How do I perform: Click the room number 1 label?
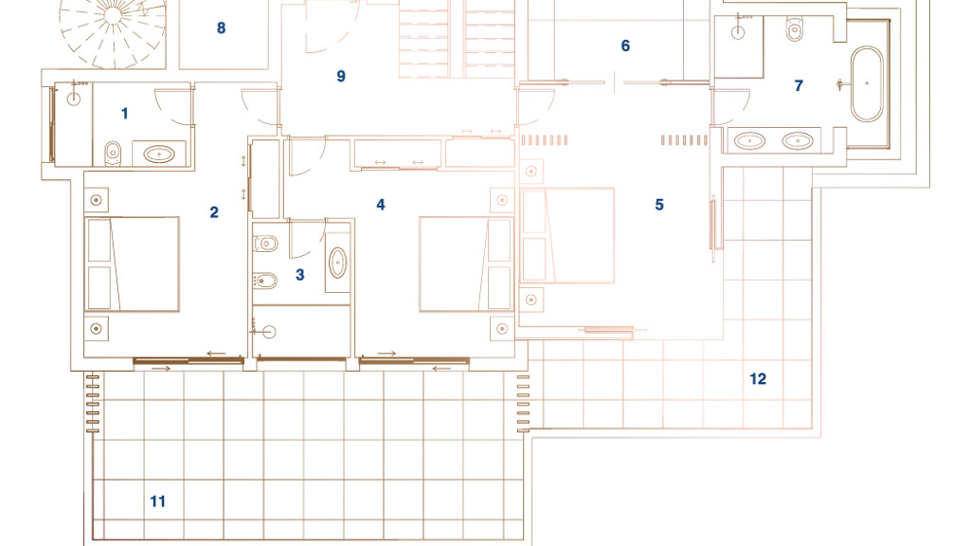(x=124, y=114)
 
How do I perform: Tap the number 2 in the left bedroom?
(x=214, y=212)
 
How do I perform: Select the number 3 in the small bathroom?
(x=300, y=274)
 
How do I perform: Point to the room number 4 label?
(x=381, y=205)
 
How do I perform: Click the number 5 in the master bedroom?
(x=659, y=205)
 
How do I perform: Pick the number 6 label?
(x=625, y=45)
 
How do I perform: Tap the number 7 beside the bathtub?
(x=799, y=85)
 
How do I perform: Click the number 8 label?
(x=221, y=27)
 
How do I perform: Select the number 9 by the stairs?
(x=341, y=76)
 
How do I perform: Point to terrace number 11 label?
(x=158, y=501)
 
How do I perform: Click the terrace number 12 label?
(x=758, y=379)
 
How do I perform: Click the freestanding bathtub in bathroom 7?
(x=867, y=83)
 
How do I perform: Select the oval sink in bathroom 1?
(x=159, y=155)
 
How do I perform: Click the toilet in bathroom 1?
(x=113, y=153)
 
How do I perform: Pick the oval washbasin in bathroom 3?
(x=338, y=264)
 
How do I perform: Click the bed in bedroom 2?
(x=133, y=264)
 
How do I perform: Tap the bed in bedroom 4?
(x=466, y=264)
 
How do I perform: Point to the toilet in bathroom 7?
(x=795, y=28)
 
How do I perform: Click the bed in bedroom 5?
(x=568, y=235)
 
